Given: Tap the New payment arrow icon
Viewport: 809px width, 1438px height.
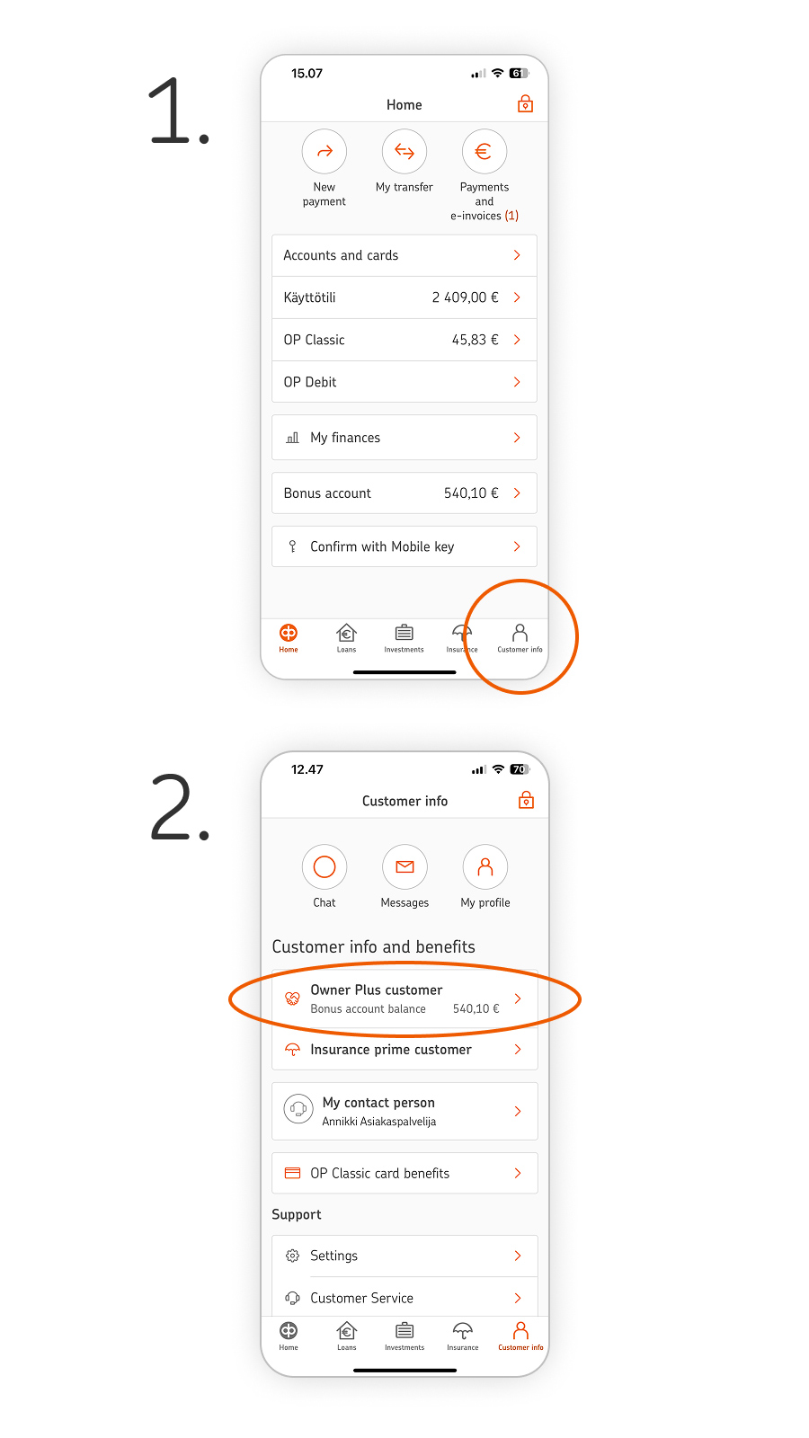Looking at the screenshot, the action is tap(324, 152).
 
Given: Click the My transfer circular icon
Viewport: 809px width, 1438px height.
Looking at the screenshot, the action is tap(404, 152).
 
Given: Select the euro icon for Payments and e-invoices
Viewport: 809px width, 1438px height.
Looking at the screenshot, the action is tap(485, 152).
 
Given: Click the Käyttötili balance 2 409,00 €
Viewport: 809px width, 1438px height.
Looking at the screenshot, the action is tap(465, 297).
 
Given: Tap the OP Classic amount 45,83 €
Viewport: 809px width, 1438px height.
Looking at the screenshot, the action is tap(476, 340).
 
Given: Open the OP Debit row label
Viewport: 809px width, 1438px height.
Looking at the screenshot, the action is tap(310, 382).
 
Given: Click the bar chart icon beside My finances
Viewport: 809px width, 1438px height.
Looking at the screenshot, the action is tap(293, 438).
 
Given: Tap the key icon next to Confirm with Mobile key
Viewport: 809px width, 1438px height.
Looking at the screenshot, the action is tap(292, 546).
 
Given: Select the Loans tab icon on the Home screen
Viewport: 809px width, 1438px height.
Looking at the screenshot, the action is tap(346, 633).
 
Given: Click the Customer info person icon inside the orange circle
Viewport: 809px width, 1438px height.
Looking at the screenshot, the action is tap(520, 633).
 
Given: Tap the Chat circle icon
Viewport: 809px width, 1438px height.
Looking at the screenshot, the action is tap(324, 866).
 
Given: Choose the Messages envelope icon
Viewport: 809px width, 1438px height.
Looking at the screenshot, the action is tap(404, 866).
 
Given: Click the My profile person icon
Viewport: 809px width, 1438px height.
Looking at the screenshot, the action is tap(485, 866).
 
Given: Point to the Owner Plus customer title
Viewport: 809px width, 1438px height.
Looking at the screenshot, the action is tap(377, 990).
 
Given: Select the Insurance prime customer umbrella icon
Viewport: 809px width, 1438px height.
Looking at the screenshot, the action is tap(293, 1050).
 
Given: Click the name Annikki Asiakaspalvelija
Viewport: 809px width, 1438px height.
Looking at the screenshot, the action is tap(378, 1122).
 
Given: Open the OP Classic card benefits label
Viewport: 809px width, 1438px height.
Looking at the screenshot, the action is tap(379, 1174).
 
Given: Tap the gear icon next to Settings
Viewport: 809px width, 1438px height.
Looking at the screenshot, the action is tap(293, 1256).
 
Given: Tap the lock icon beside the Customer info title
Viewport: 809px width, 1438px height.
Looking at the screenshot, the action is tap(526, 800).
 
